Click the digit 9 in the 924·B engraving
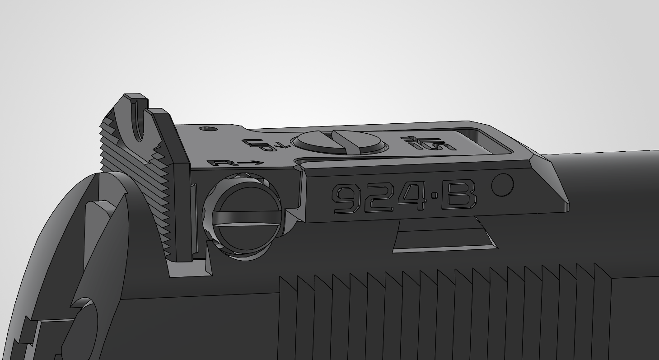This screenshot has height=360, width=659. (346, 199)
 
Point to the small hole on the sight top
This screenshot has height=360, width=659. (208, 129)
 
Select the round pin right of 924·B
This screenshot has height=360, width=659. (502, 185)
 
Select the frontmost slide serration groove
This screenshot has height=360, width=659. (603, 316)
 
